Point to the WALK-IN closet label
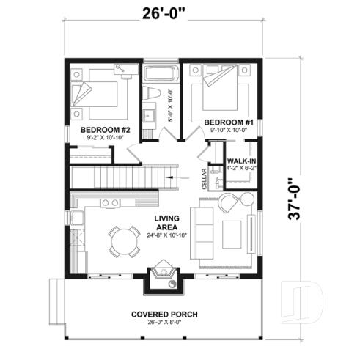(x=240, y=160)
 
